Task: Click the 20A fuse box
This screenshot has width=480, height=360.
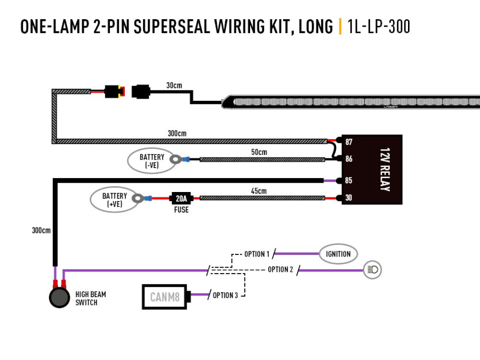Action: tap(181, 198)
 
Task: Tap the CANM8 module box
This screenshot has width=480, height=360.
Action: tap(164, 297)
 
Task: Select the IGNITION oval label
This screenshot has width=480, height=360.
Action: tap(338, 254)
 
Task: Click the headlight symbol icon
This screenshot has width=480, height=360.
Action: tap(372, 270)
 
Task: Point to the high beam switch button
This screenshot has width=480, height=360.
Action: tap(59, 298)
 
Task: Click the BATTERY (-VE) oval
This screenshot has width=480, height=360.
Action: tap(151, 161)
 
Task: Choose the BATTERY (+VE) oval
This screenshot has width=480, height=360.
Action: tap(114, 200)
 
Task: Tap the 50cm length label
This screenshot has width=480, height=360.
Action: tap(259, 152)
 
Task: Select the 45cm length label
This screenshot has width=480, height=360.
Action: tap(259, 191)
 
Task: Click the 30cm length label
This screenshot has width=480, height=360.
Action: tap(174, 85)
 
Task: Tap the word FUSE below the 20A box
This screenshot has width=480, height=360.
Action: tap(181, 210)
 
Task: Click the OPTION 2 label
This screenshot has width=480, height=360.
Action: tap(281, 269)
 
